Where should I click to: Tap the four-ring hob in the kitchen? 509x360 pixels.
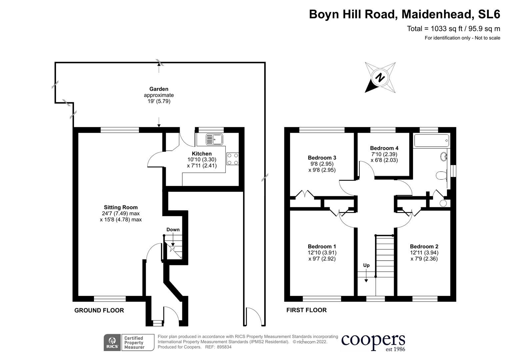point(232,159)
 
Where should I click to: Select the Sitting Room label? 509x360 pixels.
point(121,207)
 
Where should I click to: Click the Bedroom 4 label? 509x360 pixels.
point(384,148)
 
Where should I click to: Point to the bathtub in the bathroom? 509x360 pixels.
point(431,141)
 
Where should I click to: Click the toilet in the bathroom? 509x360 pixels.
point(442,175)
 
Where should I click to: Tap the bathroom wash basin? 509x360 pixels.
point(444,156)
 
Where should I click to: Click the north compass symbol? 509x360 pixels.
point(380,78)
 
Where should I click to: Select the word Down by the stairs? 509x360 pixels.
point(173,230)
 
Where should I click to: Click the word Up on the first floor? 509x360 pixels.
point(366,265)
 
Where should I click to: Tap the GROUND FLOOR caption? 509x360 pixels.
point(99,310)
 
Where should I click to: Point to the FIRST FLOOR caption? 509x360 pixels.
point(306,310)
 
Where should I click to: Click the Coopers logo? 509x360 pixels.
point(373,342)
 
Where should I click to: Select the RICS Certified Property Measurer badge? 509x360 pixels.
point(129,343)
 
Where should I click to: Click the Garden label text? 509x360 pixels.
point(159,89)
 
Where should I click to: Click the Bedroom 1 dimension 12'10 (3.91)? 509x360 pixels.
point(322,253)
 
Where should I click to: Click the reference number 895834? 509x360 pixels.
point(224,347)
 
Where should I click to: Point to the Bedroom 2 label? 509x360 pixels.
point(424,247)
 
